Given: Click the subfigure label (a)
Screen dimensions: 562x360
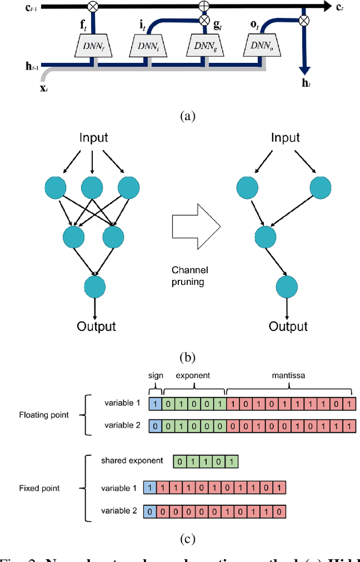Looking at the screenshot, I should click(x=187, y=116).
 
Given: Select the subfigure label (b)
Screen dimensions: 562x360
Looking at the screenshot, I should click(x=187, y=356).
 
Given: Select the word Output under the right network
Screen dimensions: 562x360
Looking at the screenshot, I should click(x=288, y=327).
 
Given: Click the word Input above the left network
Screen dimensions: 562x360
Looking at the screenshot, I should click(x=93, y=138).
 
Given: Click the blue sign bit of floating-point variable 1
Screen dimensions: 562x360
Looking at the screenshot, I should click(x=156, y=404).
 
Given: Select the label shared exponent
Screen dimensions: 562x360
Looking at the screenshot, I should click(x=133, y=461).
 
